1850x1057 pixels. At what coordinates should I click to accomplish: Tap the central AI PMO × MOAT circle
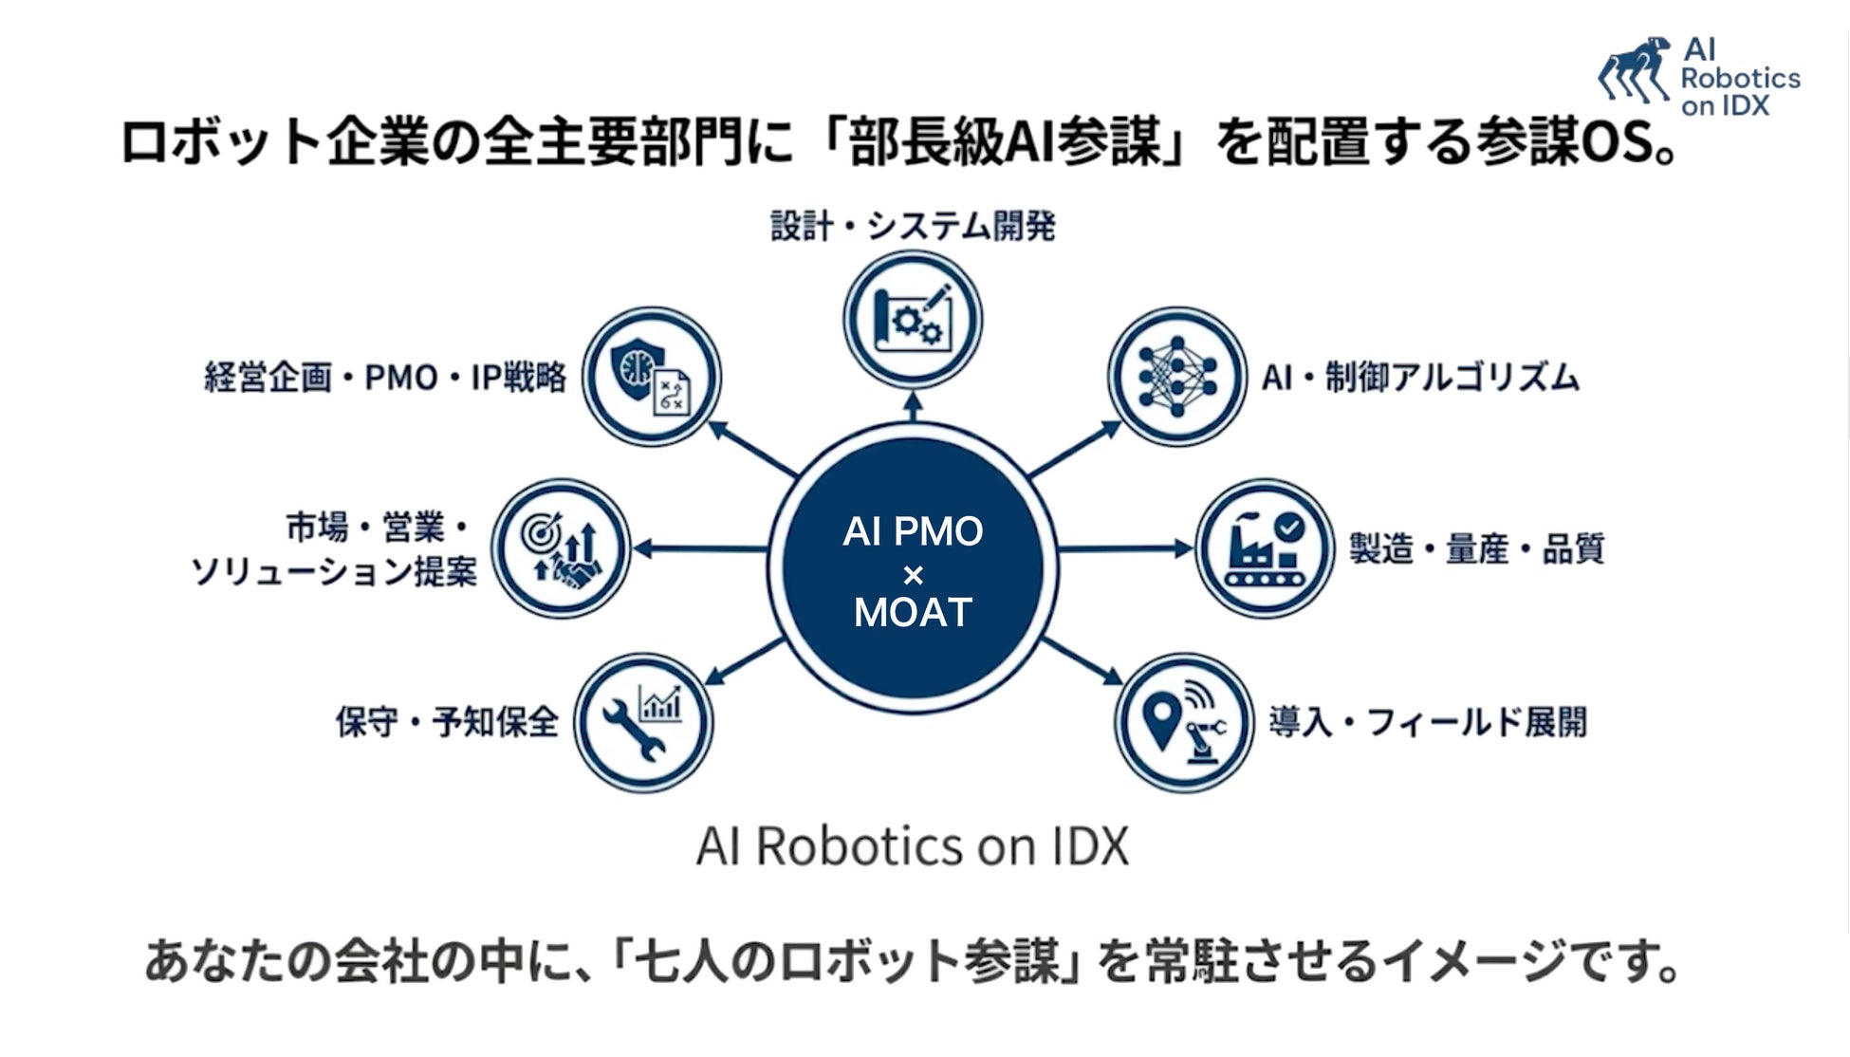point(913,569)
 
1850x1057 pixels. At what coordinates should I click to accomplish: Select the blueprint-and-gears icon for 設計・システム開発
point(913,320)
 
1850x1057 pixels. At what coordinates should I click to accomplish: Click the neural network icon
point(1177,377)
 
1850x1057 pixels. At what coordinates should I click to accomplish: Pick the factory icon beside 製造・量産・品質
point(1265,548)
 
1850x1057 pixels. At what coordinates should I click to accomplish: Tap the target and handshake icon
point(561,548)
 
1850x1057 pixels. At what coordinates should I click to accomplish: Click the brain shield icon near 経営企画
point(651,377)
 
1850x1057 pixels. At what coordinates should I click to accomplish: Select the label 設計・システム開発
point(913,227)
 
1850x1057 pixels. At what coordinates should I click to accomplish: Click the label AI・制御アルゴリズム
point(1420,378)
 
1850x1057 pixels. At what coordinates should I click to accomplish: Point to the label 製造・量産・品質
point(1476,549)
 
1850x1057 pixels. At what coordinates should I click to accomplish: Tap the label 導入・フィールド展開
point(1428,723)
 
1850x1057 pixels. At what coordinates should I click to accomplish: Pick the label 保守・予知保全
point(447,723)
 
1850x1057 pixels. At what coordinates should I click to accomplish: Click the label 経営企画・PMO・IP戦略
point(385,378)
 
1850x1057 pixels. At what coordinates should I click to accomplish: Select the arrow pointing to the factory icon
point(1125,548)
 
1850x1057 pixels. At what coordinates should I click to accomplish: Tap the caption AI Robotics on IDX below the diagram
point(913,845)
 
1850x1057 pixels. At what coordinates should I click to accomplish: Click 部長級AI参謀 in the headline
point(1006,143)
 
